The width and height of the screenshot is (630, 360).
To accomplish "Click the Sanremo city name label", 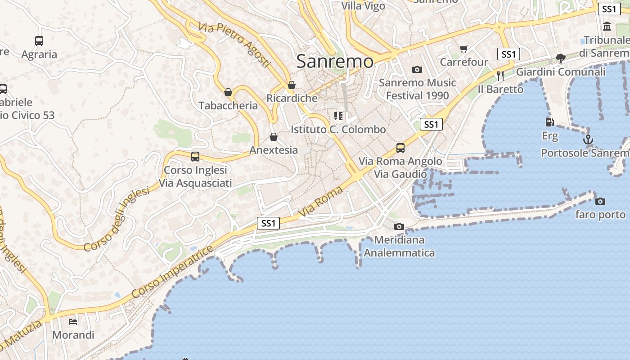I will [335, 62].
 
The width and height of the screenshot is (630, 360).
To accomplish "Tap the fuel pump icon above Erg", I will [549, 122].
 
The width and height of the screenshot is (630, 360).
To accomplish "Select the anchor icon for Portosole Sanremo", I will [588, 140].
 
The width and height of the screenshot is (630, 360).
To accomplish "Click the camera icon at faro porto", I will [600, 201].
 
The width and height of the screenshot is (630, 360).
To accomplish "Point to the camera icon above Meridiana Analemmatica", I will [399, 226].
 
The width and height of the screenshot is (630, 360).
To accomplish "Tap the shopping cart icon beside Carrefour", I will [463, 49].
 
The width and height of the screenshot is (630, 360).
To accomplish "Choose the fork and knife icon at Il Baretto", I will [500, 76].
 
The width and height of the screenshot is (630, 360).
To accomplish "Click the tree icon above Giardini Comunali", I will [560, 58].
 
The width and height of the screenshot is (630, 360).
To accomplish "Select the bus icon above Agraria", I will [39, 41].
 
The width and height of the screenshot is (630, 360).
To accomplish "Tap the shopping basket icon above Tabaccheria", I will [228, 92].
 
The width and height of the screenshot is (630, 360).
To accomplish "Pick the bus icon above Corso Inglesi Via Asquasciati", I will [195, 157].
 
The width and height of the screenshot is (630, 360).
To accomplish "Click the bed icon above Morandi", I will [73, 321].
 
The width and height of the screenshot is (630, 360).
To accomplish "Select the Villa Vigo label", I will [363, 6].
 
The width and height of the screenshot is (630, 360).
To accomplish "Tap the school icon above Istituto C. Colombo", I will [338, 116].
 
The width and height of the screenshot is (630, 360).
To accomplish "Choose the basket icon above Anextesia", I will [273, 137].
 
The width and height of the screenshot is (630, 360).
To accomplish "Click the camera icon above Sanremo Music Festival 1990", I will [417, 69].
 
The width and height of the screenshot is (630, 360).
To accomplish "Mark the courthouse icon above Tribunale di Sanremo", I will [607, 26].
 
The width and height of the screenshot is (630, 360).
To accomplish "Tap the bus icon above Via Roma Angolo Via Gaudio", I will [400, 148].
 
